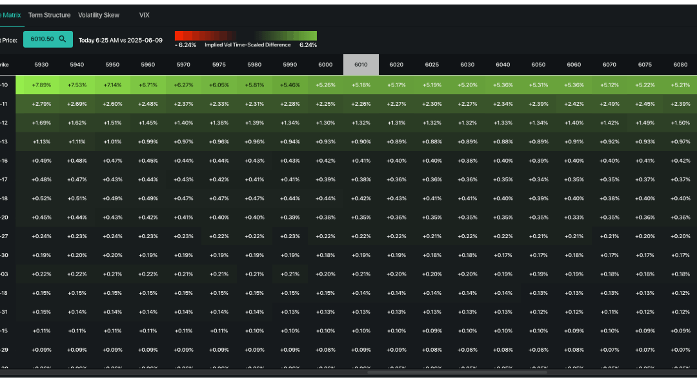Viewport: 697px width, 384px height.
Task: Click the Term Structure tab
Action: click(x=49, y=15)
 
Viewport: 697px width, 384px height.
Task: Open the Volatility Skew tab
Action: click(x=99, y=15)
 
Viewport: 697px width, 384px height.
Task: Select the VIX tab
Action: click(x=144, y=15)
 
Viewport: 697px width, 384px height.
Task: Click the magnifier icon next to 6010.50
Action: click(x=63, y=39)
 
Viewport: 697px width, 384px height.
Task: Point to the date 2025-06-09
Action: click(x=146, y=40)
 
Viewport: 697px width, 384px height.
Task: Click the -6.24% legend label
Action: click(x=185, y=45)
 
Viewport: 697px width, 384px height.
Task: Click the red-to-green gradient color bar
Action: click(x=245, y=36)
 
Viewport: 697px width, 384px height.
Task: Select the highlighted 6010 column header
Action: click(x=361, y=65)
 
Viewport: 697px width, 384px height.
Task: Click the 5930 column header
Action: click(x=41, y=65)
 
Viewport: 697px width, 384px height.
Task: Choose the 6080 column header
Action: click(x=680, y=65)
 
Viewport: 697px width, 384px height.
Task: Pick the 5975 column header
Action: click(x=219, y=65)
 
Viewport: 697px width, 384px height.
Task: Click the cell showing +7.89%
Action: click(x=41, y=85)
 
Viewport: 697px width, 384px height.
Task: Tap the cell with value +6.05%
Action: click(x=219, y=85)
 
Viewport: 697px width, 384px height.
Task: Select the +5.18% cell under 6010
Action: click(x=361, y=85)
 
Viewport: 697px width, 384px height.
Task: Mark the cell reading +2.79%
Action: click(x=41, y=104)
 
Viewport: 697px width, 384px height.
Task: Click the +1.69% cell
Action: click(x=41, y=123)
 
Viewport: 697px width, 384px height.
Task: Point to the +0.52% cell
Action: click(x=41, y=198)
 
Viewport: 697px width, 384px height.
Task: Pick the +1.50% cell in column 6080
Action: click(x=680, y=123)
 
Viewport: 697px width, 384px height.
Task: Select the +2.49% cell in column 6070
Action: click(x=609, y=104)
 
